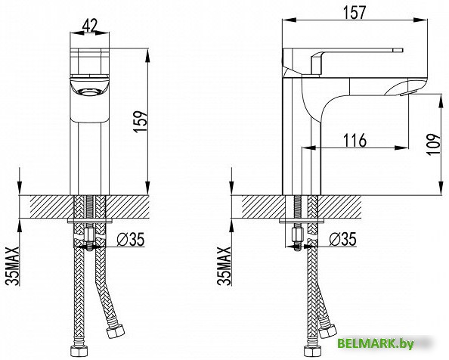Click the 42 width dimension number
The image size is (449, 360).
(90, 25)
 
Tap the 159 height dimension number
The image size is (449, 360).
(141, 121)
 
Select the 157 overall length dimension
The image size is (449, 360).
(355, 12)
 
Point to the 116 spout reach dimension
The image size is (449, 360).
(355, 140)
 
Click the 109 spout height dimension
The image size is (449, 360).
(434, 144)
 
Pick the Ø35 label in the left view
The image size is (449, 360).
(131, 239)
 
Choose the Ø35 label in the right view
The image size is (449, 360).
(342, 239)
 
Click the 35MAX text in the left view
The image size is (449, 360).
(14, 265)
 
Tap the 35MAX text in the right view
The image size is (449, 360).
(224, 265)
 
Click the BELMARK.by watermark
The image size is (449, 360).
(376, 343)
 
